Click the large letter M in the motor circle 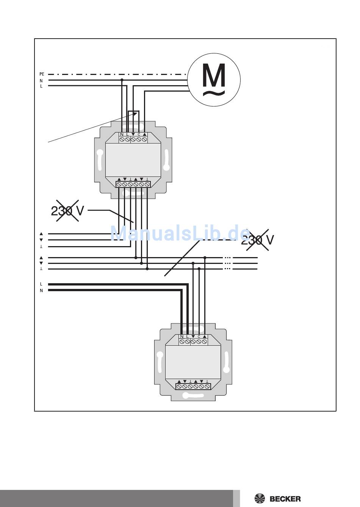(x=214, y=75)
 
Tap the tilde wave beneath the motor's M (x=214, y=93)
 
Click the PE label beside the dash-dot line (x=42, y=74)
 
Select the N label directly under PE (x=41, y=81)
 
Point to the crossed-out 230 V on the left (x=67, y=211)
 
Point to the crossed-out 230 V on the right (x=257, y=240)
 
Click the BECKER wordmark (x=285, y=499)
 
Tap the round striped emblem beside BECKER (x=260, y=499)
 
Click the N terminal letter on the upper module (x=122, y=134)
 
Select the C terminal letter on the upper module (x=139, y=134)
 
